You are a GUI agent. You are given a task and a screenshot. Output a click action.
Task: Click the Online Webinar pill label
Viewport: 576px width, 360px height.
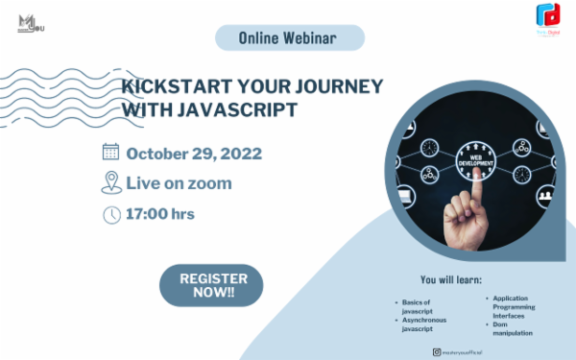(x=289, y=37)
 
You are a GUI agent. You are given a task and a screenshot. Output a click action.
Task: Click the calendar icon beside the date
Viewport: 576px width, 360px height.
(x=110, y=153)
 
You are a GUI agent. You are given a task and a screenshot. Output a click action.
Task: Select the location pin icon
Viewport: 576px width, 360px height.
(x=110, y=183)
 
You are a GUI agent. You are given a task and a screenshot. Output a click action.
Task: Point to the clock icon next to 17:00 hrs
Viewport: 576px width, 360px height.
(x=110, y=214)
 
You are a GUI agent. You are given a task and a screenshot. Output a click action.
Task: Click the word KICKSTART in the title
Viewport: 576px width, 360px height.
(x=170, y=86)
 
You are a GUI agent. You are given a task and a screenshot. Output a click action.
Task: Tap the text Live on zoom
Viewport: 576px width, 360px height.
(x=179, y=183)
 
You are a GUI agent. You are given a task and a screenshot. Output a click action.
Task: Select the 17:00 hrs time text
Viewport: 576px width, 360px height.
(x=160, y=213)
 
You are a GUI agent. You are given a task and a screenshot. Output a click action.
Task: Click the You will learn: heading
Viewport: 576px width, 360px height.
(x=450, y=281)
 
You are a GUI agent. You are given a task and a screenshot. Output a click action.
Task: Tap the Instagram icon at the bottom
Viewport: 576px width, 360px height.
(x=436, y=352)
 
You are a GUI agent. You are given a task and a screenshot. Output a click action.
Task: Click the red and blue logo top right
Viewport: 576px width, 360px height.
(x=549, y=16)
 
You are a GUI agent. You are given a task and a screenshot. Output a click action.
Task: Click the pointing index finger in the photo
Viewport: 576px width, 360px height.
(x=471, y=197)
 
